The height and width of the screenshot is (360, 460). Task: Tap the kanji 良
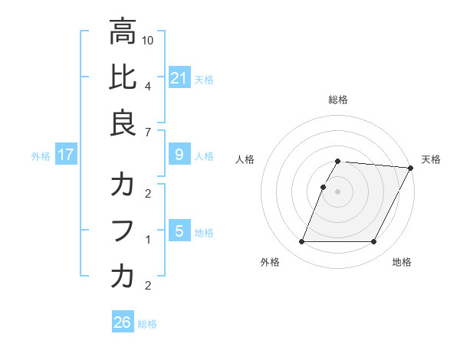(123, 123)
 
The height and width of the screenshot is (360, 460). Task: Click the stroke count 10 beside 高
(149, 38)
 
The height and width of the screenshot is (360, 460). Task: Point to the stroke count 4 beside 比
(147, 86)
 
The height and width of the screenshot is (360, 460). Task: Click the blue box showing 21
(179, 77)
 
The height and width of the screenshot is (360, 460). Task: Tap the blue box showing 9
(179, 155)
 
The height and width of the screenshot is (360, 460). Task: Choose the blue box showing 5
(179, 231)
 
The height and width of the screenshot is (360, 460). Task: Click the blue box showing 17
(66, 155)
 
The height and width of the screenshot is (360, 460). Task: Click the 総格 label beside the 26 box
(147, 324)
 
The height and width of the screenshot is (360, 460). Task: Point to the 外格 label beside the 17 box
(41, 156)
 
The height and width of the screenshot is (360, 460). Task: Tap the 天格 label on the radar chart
(431, 159)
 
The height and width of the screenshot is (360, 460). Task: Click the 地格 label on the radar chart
(402, 262)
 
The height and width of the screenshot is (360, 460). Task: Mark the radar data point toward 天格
(411, 168)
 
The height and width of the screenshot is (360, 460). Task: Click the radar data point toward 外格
(301, 242)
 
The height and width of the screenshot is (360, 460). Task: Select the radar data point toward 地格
(374, 242)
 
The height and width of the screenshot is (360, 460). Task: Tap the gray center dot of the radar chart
(337, 191)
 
